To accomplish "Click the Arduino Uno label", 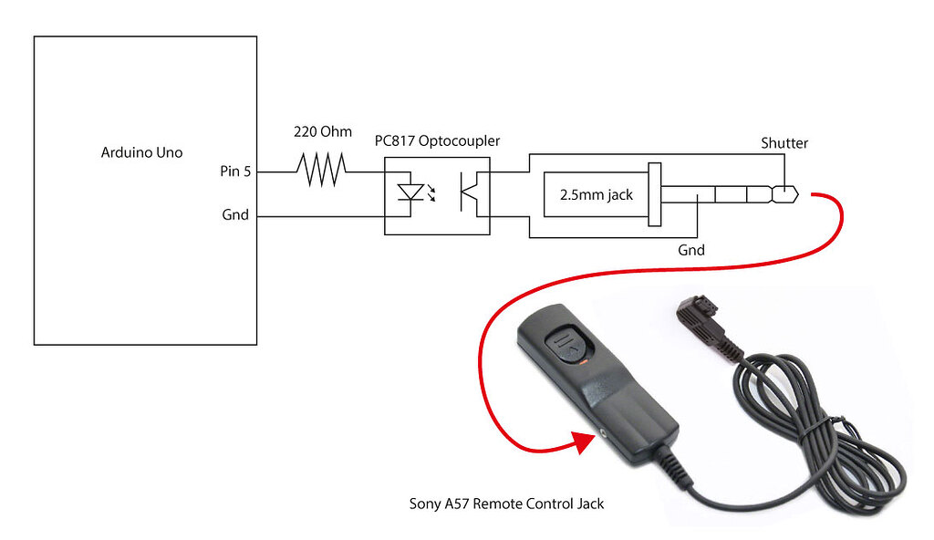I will pos(141,152).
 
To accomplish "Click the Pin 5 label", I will pos(235,171).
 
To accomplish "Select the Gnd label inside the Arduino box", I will pos(235,216).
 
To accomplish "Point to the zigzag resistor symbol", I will pos(320,171).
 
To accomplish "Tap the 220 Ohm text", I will pos(322,131).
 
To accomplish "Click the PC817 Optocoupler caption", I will pos(437,141).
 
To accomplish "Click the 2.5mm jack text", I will pos(597,194).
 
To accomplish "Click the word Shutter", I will pos(784,143).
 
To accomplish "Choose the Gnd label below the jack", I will pos(690,249).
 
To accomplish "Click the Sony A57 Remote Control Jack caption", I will pos(506,503).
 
